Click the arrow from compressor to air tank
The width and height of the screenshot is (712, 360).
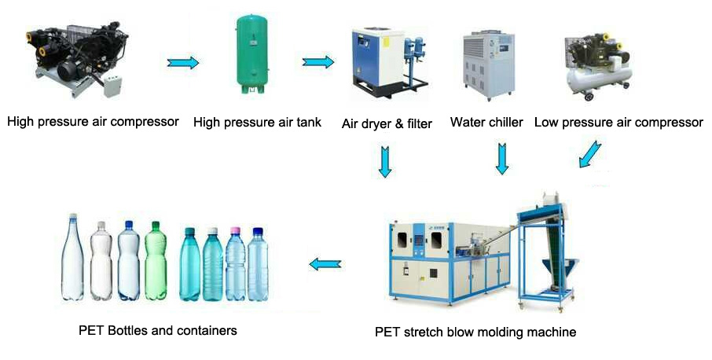point(183,62)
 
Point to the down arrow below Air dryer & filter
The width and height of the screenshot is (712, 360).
point(385,160)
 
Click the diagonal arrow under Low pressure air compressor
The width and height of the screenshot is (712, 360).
point(590,154)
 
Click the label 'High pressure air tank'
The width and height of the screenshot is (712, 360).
point(257,123)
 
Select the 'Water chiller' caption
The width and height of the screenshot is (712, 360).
point(486,123)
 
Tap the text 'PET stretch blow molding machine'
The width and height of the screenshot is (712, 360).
point(475,332)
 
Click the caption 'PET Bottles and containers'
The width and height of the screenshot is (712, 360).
point(158,330)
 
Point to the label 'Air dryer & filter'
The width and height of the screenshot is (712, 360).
point(387,123)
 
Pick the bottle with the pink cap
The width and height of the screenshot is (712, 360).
point(235,266)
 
